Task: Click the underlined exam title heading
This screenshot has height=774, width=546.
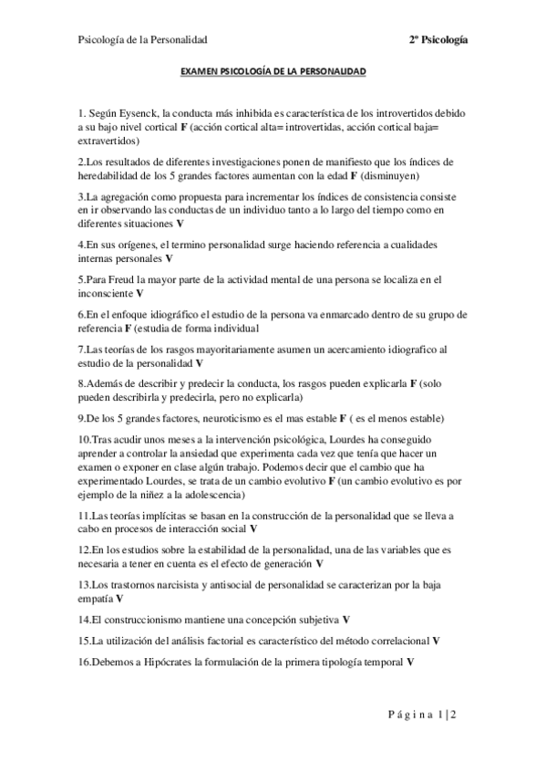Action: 273,69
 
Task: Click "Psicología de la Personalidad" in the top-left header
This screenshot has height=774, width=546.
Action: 143,40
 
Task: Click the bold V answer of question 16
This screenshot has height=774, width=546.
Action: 411,660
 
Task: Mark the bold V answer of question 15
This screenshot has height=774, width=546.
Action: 436,640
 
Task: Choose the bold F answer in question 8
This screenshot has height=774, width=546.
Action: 413,383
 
